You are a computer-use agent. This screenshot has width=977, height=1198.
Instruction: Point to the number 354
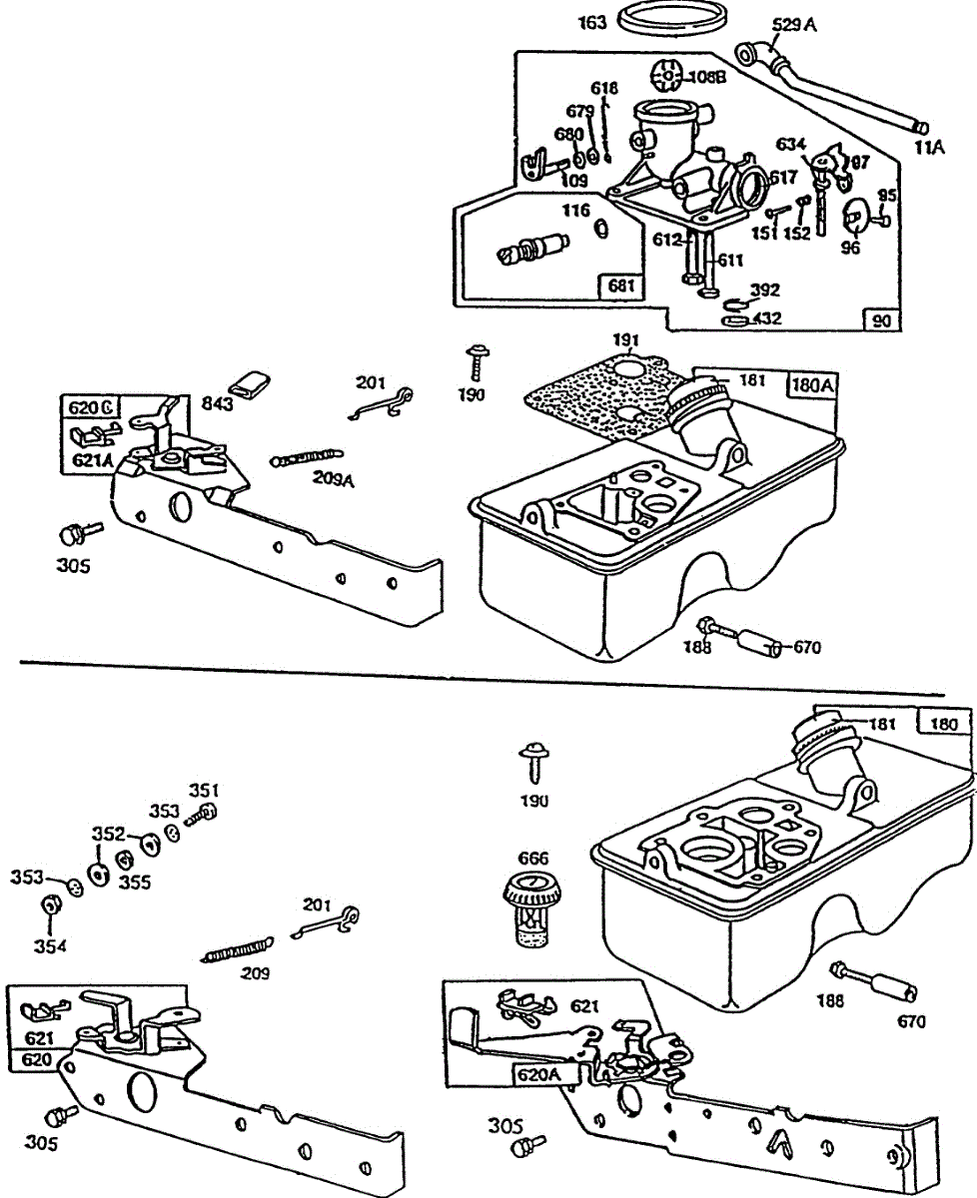pyautogui.click(x=48, y=945)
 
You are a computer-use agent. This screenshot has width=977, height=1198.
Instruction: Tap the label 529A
pyautogui.click(x=794, y=25)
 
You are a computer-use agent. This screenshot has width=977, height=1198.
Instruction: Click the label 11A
pyautogui.click(x=928, y=148)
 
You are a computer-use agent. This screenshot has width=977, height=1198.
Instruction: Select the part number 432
pyautogui.click(x=768, y=319)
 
